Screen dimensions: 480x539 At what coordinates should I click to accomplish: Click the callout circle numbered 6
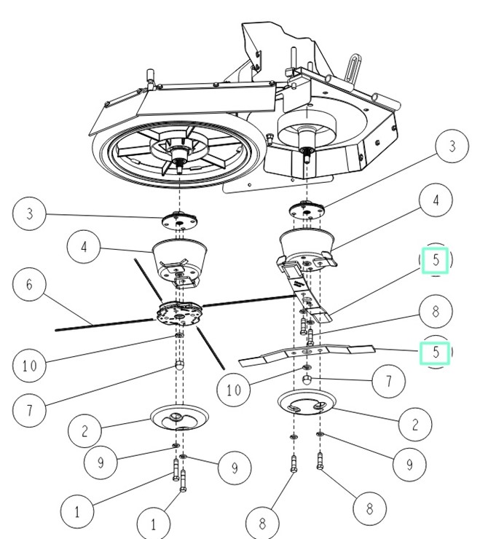(x=29, y=284)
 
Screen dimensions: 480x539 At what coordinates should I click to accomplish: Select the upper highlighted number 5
(x=436, y=260)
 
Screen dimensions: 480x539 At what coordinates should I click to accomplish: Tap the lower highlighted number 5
(x=436, y=353)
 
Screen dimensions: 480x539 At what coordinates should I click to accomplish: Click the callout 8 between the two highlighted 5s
(x=436, y=312)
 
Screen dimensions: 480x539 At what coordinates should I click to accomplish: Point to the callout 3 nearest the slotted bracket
(x=452, y=146)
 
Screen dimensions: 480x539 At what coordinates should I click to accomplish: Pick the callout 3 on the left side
(x=29, y=213)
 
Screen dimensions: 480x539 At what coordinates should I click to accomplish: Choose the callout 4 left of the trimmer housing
(x=84, y=247)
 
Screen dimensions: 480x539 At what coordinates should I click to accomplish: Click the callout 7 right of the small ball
(x=388, y=381)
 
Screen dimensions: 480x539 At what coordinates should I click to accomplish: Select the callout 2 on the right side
(x=415, y=425)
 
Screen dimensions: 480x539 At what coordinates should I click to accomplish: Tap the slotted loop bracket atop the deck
(x=352, y=67)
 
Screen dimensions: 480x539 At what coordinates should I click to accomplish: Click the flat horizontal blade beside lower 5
(x=306, y=355)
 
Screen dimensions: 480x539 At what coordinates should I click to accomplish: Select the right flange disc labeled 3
(x=307, y=211)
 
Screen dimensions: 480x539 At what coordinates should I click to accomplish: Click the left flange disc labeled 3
(x=179, y=221)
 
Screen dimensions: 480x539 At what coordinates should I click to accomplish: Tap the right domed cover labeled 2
(x=307, y=402)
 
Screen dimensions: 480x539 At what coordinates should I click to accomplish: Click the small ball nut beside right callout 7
(x=307, y=380)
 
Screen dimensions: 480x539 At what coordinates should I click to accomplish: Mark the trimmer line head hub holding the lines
(x=179, y=312)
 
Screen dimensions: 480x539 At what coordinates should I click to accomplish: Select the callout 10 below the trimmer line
(x=234, y=390)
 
